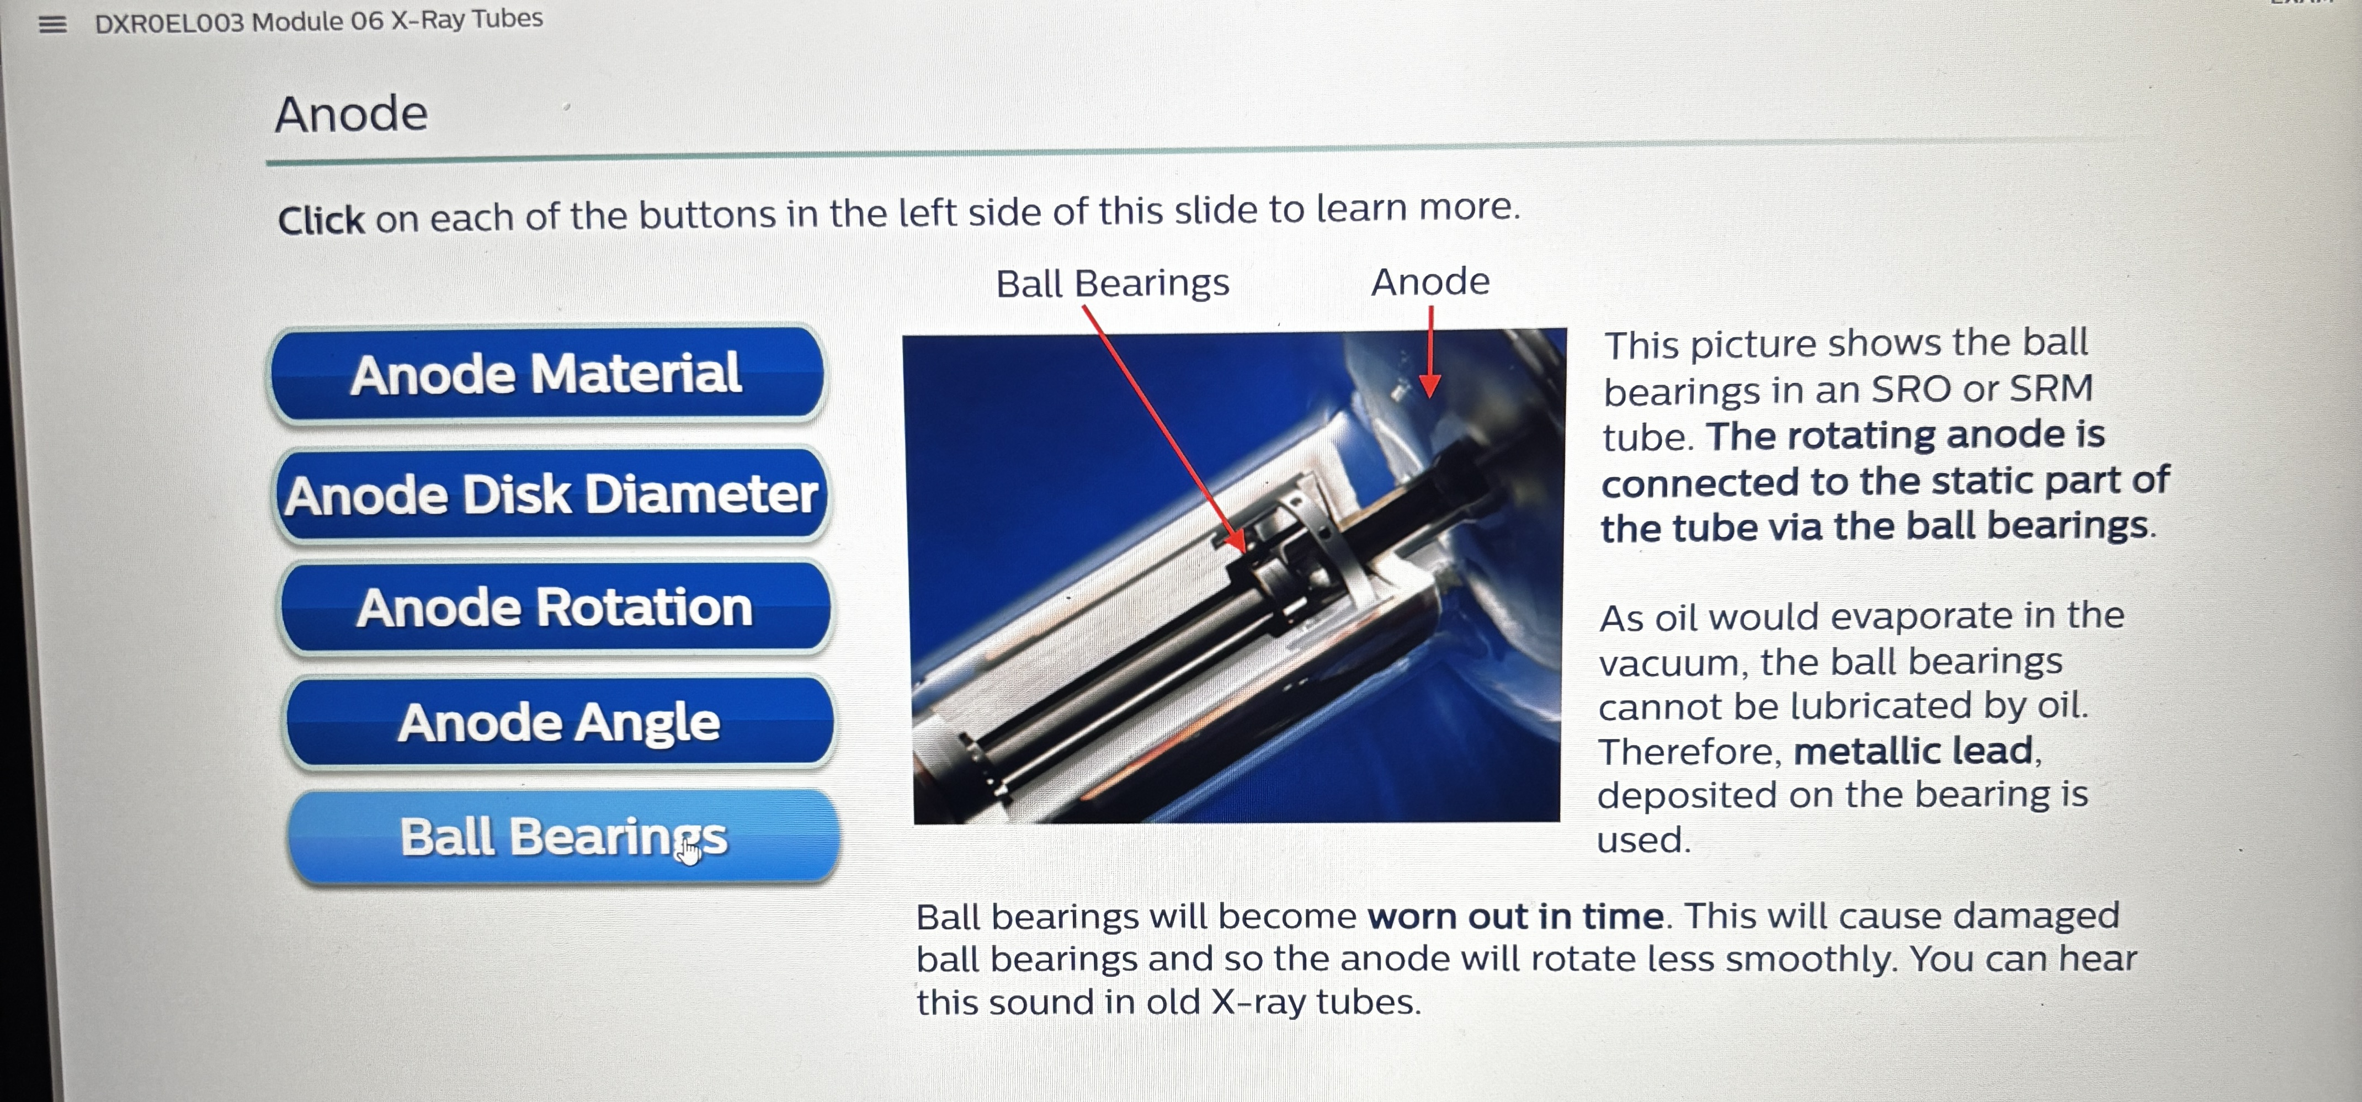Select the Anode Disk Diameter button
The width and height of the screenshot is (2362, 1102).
click(x=551, y=495)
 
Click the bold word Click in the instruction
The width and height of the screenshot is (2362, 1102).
click(x=321, y=220)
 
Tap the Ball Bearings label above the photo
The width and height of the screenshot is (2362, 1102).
click(x=1112, y=283)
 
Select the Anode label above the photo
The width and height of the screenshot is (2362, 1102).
click(x=1429, y=281)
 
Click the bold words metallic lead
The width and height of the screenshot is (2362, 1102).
click(x=1913, y=751)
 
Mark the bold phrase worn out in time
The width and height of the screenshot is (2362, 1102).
click(x=1515, y=916)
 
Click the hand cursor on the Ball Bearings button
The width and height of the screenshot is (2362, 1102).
click(x=689, y=851)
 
